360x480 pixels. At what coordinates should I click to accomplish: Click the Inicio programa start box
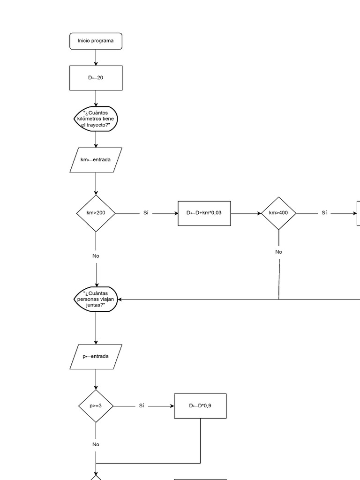click(x=96, y=41)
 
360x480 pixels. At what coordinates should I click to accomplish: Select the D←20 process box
click(x=96, y=78)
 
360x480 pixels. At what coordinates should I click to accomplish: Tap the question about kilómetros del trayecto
click(x=96, y=119)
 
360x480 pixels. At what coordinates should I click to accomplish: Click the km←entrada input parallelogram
click(x=96, y=160)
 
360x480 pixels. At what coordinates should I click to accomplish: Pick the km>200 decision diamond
click(x=96, y=213)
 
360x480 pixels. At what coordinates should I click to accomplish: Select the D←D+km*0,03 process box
click(x=204, y=213)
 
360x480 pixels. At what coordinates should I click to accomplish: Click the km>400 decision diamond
click(x=278, y=213)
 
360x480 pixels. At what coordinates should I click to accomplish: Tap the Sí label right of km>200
click(x=146, y=213)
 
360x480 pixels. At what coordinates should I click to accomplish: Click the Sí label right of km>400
click(x=324, y=213)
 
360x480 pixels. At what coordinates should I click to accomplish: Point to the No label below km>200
click(x=96, y=256)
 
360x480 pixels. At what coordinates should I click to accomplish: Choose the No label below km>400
click(x=278, y=252)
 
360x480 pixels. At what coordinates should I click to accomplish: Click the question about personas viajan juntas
click(x=96, y=300)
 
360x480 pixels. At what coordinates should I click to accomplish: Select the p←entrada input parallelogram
click(x=96, y=356)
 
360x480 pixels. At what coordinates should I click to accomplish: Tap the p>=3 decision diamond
click(x=96, y=406)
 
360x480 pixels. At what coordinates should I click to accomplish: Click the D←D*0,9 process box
click(x=200, y=406)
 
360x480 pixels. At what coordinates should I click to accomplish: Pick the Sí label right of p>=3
click(x=142, y=406)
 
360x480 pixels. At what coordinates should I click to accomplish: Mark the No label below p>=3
click(x=96, y=444)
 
